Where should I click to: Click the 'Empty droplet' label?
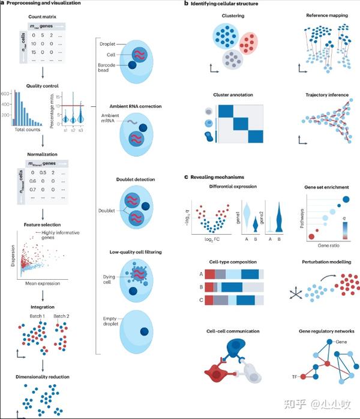coord(109,322)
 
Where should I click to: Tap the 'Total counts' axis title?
coord(26,130)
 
